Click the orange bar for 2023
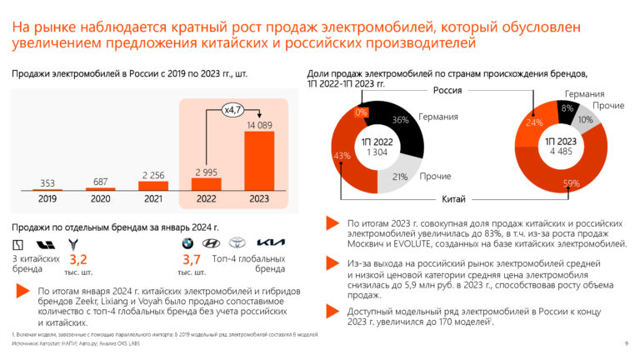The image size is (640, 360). (x=258, y=162)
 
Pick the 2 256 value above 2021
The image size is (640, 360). (x=152, y=174)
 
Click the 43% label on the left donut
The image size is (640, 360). (x=342, y=156)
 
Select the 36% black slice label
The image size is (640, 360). (x=399, y=120)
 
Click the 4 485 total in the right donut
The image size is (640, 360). (x=557, y=152)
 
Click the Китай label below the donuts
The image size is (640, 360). (x=451, y=199)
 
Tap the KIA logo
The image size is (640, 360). (x=270, y=244)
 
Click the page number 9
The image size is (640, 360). (x=626, y=343)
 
